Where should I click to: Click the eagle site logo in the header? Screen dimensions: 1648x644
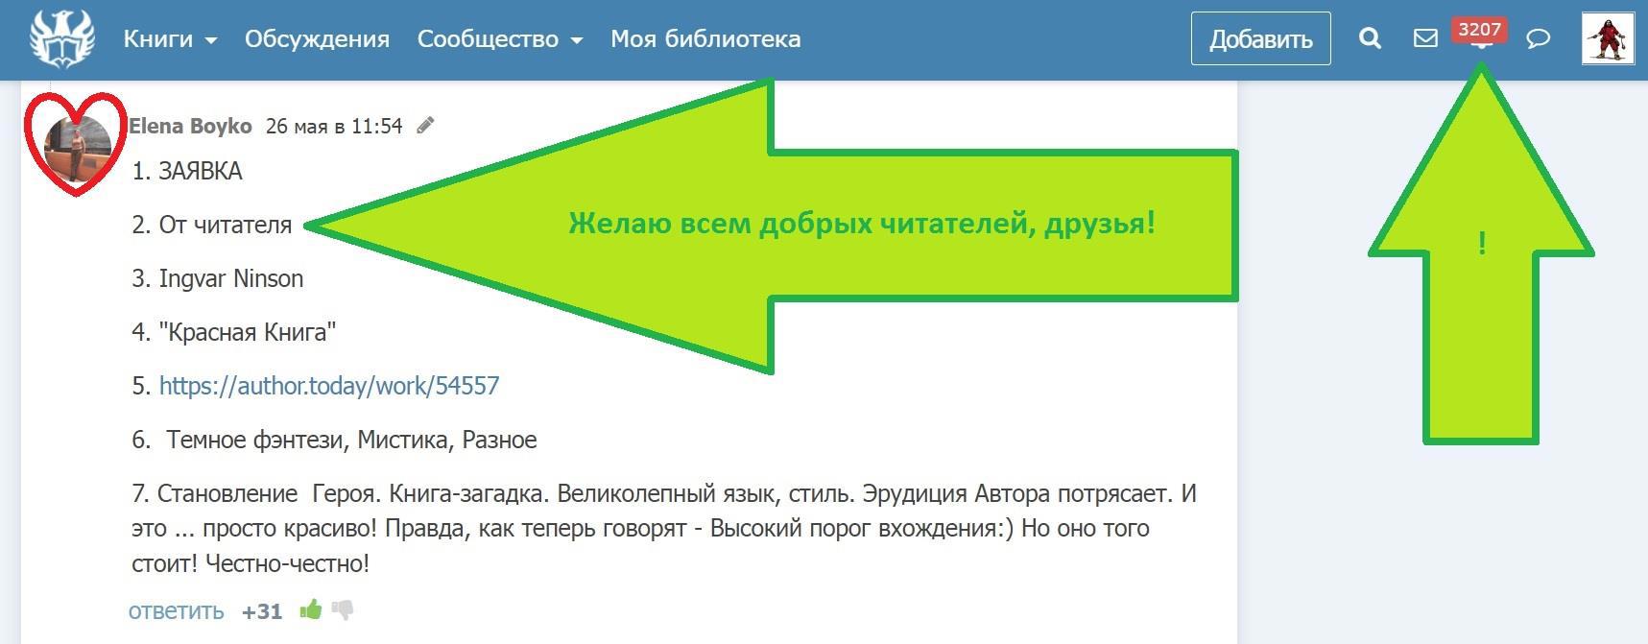(x=62, y=39)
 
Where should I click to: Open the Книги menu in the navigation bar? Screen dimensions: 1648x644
(x=170, y=39)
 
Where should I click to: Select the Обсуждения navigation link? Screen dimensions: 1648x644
(x=317, y=39)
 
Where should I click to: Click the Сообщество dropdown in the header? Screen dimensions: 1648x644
(x=500, y=39)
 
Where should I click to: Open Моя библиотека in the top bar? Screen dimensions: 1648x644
(x=705, y=39)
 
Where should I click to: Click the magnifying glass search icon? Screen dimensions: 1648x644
(x=1371, y=38)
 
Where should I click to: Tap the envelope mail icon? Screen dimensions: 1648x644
(x=1425, y=38)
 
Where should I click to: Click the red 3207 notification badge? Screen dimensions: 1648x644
(x=1479, y=30)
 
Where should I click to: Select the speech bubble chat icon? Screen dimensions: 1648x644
(x=1538, y=38)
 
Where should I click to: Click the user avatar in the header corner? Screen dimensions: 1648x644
(x=1608, y=38)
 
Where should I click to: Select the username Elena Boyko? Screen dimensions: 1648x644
(x=190, y=126)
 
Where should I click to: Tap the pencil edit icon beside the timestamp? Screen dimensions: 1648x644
(x=425, y=125)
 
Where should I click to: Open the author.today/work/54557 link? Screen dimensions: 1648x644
(x=329, y=386)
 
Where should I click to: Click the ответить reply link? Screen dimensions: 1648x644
(x=177, y=611)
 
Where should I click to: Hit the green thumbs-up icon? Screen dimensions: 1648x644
(x=310, y=609)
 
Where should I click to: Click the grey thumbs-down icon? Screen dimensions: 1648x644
(x=343, y=610)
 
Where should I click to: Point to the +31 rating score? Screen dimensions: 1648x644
(x=262, y=611)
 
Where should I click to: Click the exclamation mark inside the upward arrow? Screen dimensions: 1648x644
(x=1482, y=244)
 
